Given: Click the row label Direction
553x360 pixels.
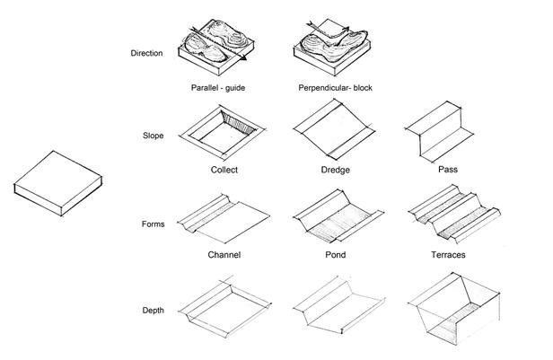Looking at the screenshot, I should (x=147, y=54).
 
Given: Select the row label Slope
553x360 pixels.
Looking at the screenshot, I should (x=153, y=136).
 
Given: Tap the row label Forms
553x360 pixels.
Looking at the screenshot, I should (x=153, y=224).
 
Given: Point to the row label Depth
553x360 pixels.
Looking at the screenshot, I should (x=153, y=310).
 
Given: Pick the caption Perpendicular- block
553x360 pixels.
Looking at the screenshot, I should (x=335, y=88).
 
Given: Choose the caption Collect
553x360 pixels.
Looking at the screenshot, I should (x=224, y=170).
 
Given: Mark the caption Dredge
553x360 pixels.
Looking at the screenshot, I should (x=335, y=170).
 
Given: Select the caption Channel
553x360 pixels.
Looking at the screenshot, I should (x=224, y=255).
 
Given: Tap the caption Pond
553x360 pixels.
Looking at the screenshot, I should (x=334, y=255).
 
